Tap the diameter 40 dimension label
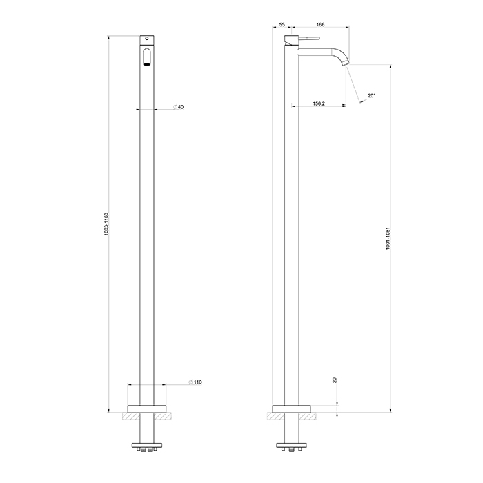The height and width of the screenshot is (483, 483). (x=178, y=108)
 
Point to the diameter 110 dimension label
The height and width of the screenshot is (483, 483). (x=195, y=382)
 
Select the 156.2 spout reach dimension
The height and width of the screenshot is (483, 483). (x=318, y=103)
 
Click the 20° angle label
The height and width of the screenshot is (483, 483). (x=372, y=96)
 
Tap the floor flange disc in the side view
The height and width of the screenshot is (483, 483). (x=293, y=406)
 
